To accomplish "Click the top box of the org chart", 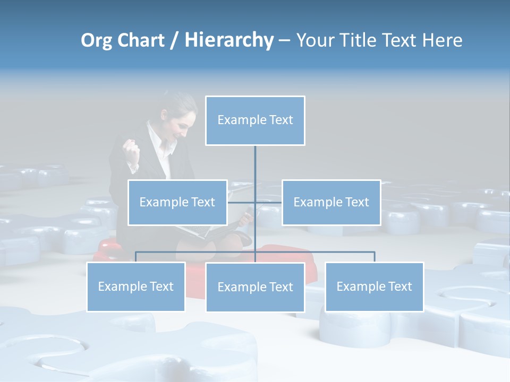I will coord(255,120).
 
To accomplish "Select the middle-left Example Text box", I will coord(177,202).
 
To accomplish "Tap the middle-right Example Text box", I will coord(331,202).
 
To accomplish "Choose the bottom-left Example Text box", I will coord(135,286).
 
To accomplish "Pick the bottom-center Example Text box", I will coord(255,287).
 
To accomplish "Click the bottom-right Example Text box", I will coord(374,286).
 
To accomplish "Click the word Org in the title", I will coord(96,40).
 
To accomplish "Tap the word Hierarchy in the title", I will coord(229,40).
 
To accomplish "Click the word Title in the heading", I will coord(362,40).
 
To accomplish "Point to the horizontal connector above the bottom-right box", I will coord(345,252).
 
